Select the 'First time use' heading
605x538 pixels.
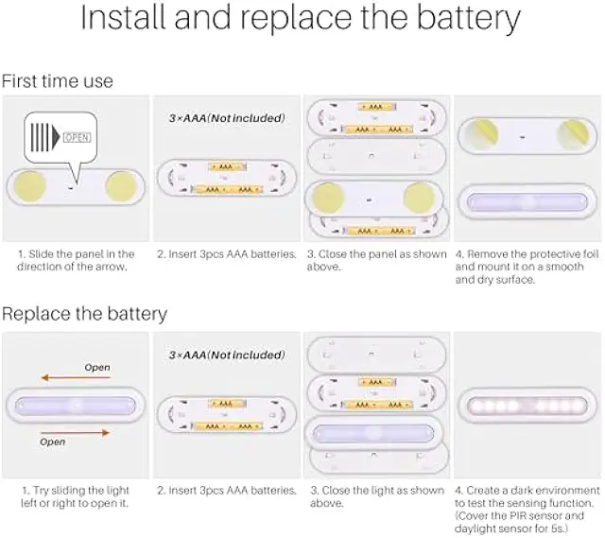[57, 81]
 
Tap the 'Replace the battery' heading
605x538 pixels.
[84, 313]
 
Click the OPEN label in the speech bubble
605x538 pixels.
[77, 137]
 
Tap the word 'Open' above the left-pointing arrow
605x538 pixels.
[97, 367]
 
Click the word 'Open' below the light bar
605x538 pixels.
[53, 442]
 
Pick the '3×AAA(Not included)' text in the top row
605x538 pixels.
[226, 118]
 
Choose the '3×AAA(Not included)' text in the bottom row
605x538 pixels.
[226, 355]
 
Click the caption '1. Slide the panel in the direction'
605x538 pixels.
[76, 260]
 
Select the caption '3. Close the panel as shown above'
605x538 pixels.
[375, 260]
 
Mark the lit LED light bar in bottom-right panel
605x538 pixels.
[527, 407]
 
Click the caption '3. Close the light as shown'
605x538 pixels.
[375, 496]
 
